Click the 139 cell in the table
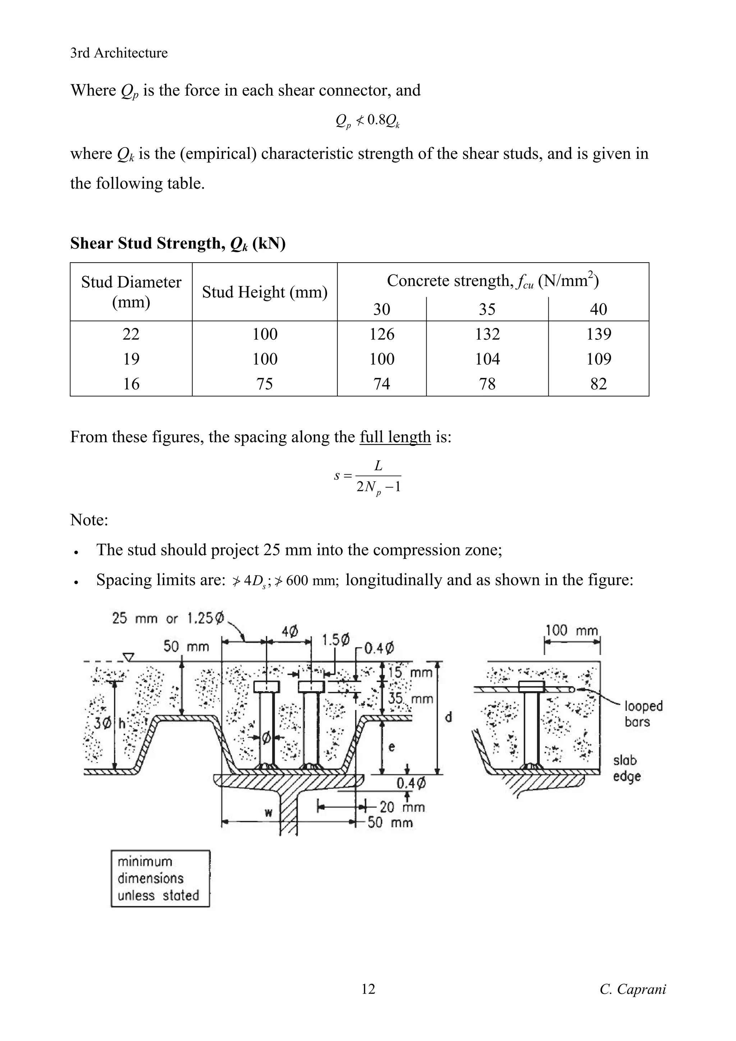coord(599,334)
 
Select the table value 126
coord(382,334)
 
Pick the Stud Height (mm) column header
coord(265,292)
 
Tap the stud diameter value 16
coord(131,384)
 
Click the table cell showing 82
coord(599,384)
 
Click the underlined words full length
coord(395,436)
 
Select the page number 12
coord(368,989)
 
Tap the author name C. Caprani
coord(632,989)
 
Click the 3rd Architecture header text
coord(119,53)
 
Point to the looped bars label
coord(643,713)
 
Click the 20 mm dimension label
coord(402,806)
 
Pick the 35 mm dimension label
coord(410,698)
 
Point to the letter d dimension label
coord(448,717)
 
